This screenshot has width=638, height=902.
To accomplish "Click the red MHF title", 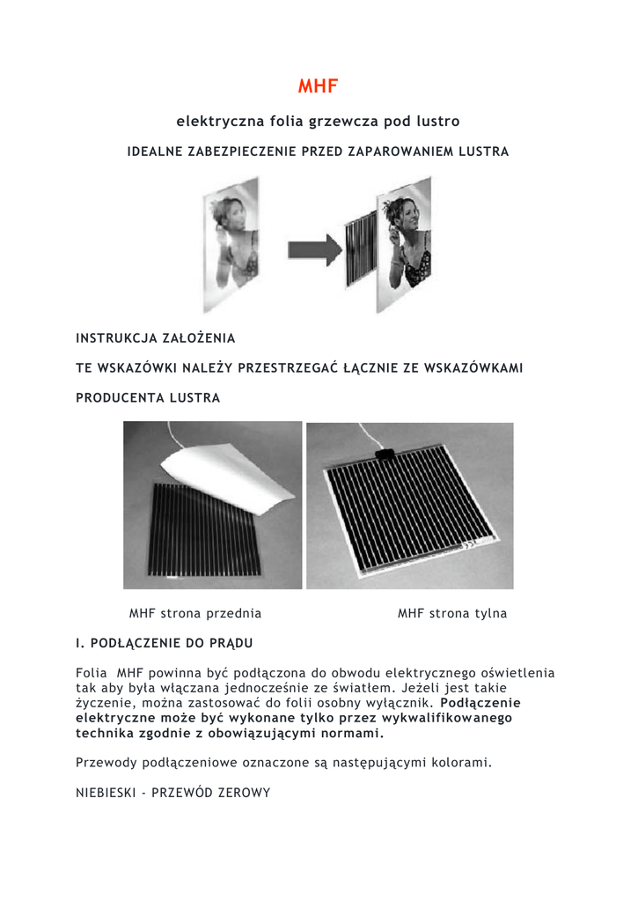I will tap(318, 85).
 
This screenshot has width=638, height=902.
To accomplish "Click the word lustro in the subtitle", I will tap(437, 120).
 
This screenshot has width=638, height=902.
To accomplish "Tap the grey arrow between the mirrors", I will tap(314, 250).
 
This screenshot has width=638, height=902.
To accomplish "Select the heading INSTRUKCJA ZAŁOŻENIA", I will tap(156, 337).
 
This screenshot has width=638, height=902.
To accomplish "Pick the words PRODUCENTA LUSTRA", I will tap(148, 397).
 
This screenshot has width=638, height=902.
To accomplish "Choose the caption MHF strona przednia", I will tap(195, 613).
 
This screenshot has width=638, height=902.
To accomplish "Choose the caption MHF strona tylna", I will tap(452, 613).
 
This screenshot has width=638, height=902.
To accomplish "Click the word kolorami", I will tap(458, 762).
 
